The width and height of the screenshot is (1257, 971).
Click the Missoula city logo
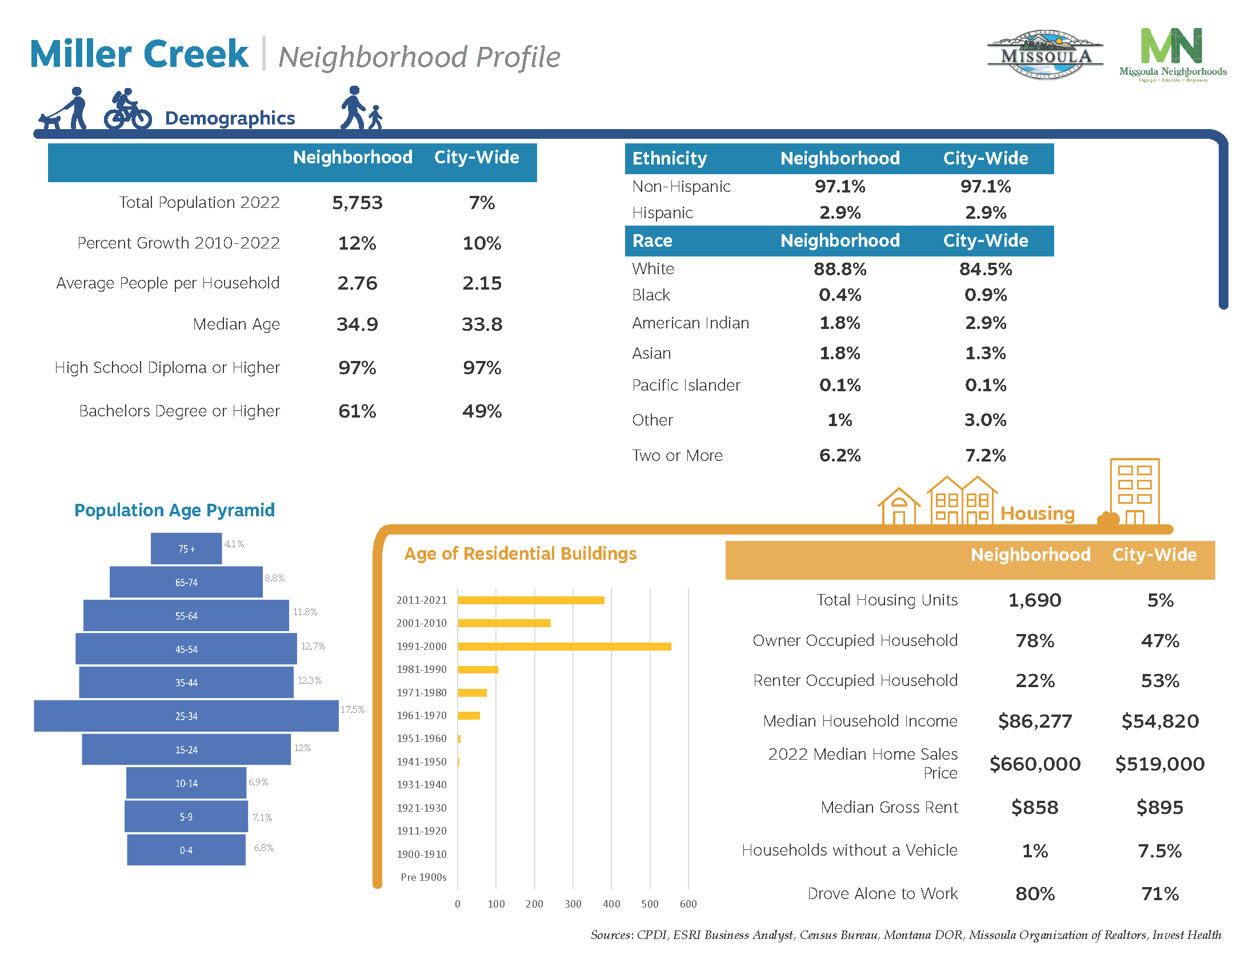[1044, 55]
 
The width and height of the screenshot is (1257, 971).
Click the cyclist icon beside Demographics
[127, 109]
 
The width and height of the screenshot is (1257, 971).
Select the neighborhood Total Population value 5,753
[357, 203]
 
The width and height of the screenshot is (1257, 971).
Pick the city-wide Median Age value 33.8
[482, 324]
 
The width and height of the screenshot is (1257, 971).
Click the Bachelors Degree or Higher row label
[179, 411]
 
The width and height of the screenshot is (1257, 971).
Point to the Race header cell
[652, 240]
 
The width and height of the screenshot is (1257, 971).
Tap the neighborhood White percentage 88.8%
[839, 268]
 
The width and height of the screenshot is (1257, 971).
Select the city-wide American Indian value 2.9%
[985, 323]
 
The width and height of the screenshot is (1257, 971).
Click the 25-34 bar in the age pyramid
[186, 716]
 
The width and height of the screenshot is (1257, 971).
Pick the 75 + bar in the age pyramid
[186, 548]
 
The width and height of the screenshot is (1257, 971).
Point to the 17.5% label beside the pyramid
[352, 709]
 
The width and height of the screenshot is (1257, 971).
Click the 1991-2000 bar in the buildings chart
[564, 646]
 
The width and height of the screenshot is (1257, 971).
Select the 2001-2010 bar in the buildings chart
[503, 623]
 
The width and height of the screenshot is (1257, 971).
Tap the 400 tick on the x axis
[611, 904]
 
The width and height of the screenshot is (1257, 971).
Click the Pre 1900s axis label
[423, 877]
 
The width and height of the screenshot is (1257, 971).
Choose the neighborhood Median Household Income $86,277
[1034, 721]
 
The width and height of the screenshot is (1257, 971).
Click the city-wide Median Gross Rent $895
[1159, 807]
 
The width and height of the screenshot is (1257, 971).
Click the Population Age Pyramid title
[174, 510]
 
